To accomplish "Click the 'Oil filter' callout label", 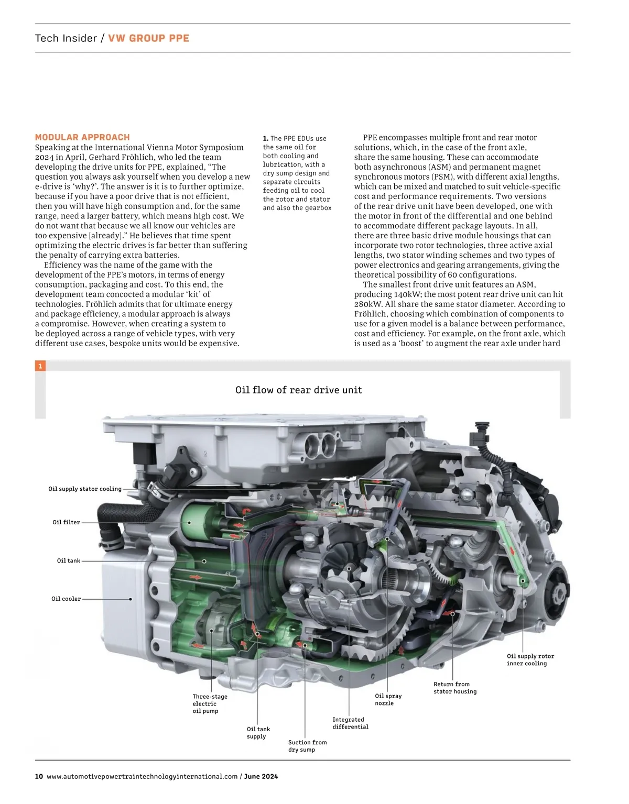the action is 66,522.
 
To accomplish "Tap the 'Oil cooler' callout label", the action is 66,599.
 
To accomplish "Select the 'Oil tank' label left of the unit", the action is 69,560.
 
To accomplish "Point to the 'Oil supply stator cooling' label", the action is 85,489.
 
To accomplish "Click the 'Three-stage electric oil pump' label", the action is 210,703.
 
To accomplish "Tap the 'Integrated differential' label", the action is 350,723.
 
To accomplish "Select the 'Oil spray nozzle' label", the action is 388,699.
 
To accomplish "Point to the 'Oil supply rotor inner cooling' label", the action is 530,659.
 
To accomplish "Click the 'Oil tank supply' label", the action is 258,732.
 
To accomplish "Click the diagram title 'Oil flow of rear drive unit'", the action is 298,390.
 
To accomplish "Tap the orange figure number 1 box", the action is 40,366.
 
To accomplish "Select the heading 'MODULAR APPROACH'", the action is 83,137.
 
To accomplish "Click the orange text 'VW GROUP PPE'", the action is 148,38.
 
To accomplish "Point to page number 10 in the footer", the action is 39,776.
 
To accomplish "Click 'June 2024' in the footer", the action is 261,776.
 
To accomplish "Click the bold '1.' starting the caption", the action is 265,138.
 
